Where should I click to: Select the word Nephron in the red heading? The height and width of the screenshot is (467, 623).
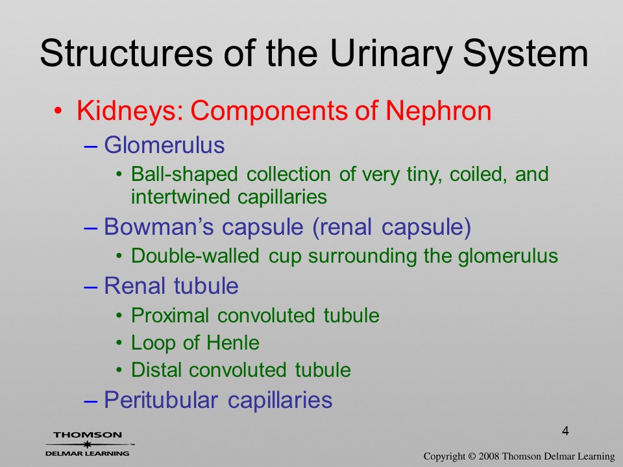coord(439,112)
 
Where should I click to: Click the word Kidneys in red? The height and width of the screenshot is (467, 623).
coord(130,112)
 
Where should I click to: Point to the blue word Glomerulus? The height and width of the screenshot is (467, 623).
coord(164,145)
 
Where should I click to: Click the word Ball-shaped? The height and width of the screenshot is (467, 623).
coord(184,175)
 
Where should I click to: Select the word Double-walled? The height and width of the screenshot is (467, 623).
coord(195,256)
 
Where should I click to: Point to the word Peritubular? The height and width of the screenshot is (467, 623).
coord(161,400)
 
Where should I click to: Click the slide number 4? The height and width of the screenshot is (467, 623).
coord(565,431)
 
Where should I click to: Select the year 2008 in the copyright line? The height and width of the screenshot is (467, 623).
coord(490,457)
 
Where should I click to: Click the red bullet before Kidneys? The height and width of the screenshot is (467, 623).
coord(58,111)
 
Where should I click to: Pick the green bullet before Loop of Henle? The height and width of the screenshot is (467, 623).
coord(119,342)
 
